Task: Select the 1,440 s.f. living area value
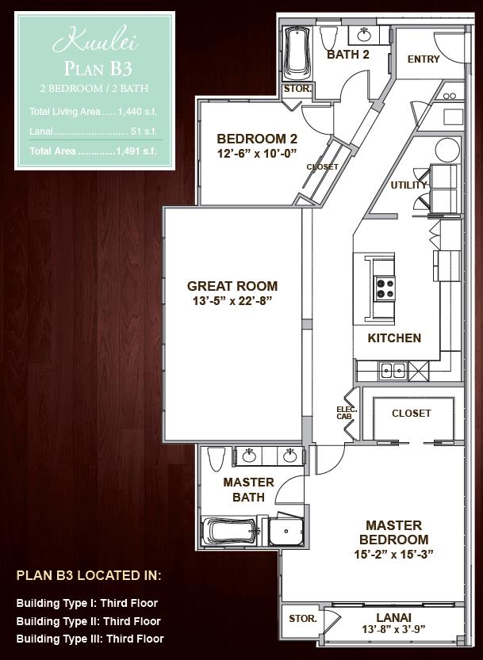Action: click(137, 112)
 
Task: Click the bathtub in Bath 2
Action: click(297, 53)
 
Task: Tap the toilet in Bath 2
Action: click(328, 38)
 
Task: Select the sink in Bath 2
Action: click(364, 35)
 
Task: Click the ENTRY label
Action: click(424, 59)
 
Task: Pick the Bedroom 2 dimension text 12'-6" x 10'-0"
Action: click(257, 153)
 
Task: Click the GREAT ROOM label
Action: click(232, 286)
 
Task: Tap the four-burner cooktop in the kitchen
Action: click(385, 288)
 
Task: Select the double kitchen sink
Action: click(393, 371)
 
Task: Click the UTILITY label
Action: click(408, 185)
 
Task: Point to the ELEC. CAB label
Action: click(347, 413)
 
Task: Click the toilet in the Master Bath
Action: click(217, 459)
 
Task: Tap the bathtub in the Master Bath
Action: click(230, 531)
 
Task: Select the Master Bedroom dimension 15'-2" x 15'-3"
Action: click(393, 555)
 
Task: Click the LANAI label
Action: click(393, 617)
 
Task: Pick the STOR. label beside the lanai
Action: click(303, 619)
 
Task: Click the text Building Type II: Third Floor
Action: click(89, 621)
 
